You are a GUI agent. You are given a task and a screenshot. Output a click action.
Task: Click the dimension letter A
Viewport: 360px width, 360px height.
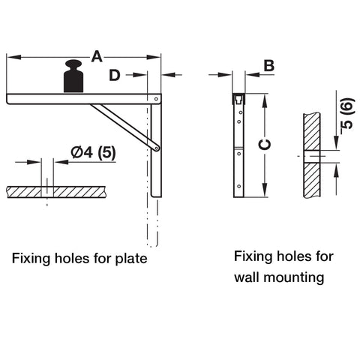tap(97, 56)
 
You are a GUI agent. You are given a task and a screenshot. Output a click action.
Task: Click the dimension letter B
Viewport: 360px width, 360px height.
tap(269, 66)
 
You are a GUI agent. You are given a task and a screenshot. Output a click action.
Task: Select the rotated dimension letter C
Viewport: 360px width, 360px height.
tap(265, 145)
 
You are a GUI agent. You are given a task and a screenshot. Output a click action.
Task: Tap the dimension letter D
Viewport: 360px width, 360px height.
tap(115, 75)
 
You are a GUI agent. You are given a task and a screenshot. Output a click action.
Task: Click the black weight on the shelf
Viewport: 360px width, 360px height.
tap(73, 76)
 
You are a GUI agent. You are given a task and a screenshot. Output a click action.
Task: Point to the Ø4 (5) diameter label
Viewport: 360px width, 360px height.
tap(94, 152)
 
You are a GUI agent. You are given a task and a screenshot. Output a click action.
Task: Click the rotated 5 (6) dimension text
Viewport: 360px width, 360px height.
tap(348, 114)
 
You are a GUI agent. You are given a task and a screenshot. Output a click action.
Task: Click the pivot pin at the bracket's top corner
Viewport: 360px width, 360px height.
tap(156, 99)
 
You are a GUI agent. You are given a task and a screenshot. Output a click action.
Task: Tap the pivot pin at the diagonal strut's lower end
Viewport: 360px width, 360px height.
tap(157, 148)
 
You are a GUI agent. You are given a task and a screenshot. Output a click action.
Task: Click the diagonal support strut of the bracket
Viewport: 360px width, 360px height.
tap(125, 127)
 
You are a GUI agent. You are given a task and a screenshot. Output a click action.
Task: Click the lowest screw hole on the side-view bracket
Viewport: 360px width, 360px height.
tap(239, 186)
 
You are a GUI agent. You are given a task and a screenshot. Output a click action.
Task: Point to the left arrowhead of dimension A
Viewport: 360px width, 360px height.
tap(14, 57)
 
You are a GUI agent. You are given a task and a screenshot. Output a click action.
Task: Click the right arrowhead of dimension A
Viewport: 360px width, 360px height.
tap(154, 57)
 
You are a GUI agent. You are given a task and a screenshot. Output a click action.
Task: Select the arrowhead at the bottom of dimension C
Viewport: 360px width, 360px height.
tap(265, 190)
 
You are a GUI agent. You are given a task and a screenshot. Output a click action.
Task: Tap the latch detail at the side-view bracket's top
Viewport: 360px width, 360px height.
tap(238, 99)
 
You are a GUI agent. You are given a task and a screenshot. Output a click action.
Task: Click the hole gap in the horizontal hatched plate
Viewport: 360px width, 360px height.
tap(47, 192)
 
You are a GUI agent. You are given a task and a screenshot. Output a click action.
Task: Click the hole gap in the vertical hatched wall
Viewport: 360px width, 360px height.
tap(312, 157)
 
